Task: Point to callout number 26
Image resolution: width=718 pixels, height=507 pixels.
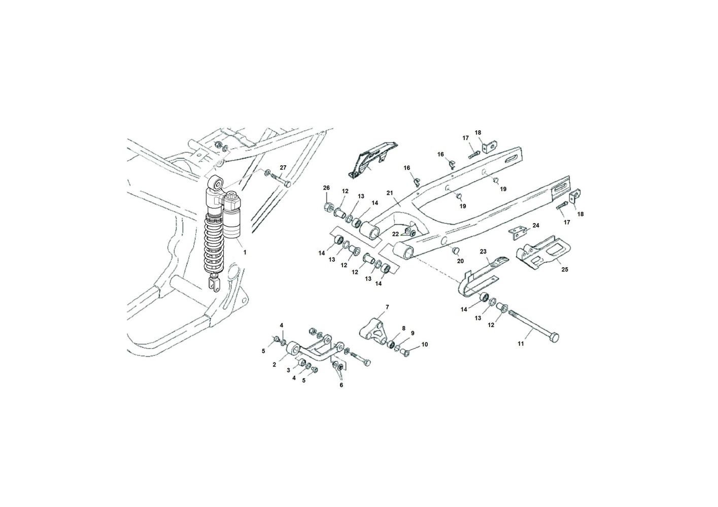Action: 326,188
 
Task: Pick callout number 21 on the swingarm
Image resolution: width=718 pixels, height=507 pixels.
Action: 390,193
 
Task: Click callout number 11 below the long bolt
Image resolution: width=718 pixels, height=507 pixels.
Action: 520,344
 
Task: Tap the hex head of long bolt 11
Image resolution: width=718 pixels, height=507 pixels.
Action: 554,337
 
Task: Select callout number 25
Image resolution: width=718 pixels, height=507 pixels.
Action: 564,269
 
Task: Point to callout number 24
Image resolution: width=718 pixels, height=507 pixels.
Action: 536,225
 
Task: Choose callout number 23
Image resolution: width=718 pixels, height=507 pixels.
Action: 483,251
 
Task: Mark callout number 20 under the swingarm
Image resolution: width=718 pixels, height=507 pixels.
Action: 460,261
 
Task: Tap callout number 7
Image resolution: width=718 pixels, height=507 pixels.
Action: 387,307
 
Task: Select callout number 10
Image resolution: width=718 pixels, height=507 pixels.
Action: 425,344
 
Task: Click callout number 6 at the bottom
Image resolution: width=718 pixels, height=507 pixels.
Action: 341,385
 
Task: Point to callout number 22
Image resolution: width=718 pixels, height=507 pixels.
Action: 395,234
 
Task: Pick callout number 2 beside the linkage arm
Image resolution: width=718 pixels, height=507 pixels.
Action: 274,364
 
